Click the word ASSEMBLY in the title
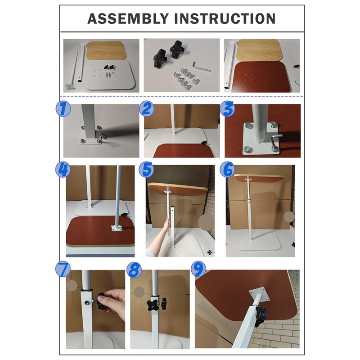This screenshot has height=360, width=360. [128, 18]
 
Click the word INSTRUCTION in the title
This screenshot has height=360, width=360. [225, 18]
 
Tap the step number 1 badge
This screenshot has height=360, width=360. [63, 109]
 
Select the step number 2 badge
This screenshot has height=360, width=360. [147, 108]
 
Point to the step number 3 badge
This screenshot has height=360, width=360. [227, 108]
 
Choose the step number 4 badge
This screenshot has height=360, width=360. [63, 170]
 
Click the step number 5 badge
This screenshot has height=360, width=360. [146, 170]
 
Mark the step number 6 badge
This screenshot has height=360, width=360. [227, 170]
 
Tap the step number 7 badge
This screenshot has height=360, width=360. [63, 269]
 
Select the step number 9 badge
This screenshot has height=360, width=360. [198, 269]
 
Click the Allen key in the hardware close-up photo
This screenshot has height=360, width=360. [201, 67]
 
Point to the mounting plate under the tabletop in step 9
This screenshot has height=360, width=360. [260, 294]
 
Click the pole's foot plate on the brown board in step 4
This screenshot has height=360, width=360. [117, 228]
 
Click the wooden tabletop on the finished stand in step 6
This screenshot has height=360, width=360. [259, 177]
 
